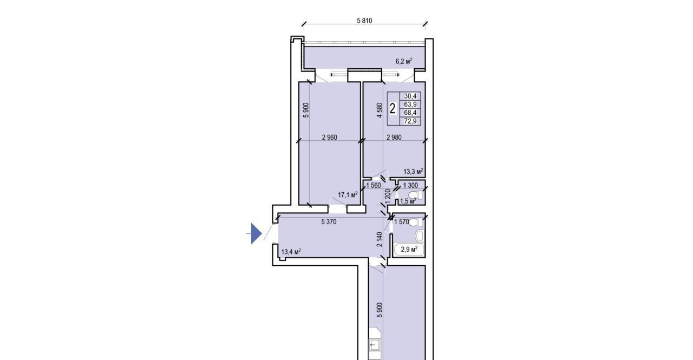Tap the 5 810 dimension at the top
(x=364, y=21)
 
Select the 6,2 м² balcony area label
(x=404, y=61)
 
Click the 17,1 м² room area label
(x=348, y=194)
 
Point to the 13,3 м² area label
(x=413, y=171)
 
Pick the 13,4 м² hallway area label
(x=291, y=252)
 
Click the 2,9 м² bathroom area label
(x=409, y=249)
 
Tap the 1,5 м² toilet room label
(x=408, y=201)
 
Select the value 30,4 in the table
(x=410, y=96)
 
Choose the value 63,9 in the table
(x=410, y=104)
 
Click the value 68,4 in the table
(x=410, y=113)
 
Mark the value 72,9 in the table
(x=410, y=121)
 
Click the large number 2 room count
(x=393, y=109)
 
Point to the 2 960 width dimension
(x=330, y=138)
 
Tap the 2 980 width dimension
(x=394, y=138)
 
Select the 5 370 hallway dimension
(x=329, y=222)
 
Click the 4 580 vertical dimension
(x=380, y=110)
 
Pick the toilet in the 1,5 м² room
(x=415, y=195)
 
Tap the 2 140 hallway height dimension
(x=380, y=239)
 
